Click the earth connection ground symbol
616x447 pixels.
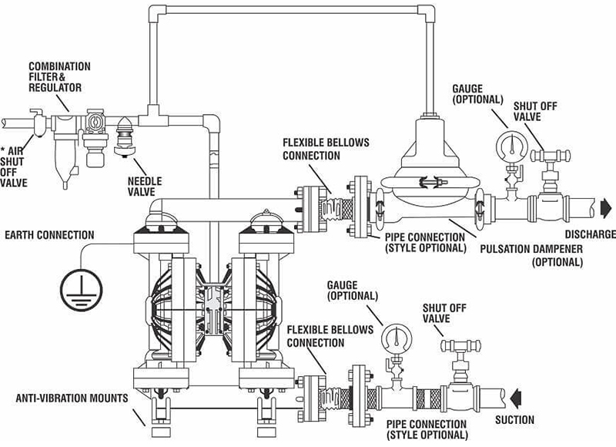(82, 290)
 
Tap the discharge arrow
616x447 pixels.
(606, 207)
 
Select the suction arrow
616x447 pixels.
(516, 398)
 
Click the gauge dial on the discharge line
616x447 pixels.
(512, 146)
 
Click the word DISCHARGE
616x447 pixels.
(591, 234)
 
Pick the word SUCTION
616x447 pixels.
(514, 420)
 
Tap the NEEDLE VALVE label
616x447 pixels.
(145, 187)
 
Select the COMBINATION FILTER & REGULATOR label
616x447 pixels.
(60, 77)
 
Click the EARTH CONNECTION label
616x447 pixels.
(49, 235)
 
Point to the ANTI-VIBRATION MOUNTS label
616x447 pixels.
(72, 398)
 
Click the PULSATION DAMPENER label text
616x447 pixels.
(531, 255)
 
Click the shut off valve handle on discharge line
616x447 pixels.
(550, 155)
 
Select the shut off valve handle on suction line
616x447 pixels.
(461, 345)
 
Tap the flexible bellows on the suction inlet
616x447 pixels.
(337, 399)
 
